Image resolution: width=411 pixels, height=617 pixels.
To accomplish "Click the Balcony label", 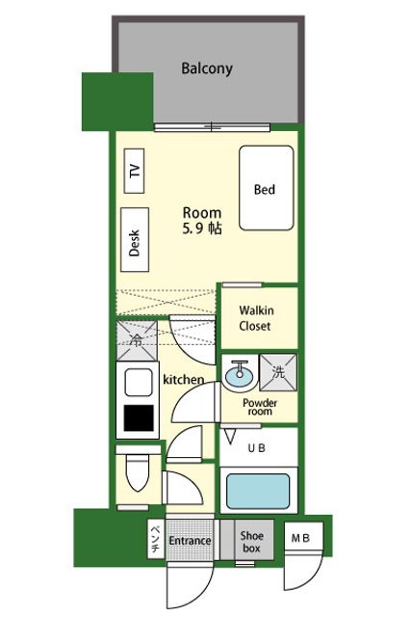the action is click(207, 68).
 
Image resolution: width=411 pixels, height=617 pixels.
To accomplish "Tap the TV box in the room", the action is click(134, 171).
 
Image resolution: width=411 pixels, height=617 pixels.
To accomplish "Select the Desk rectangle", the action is click(135, 240).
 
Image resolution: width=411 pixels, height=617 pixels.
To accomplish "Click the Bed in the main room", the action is click(267, 188).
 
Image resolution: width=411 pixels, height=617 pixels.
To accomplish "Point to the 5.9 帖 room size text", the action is click(202, 228).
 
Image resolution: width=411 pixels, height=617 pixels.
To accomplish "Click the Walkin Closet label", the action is click(256, 318).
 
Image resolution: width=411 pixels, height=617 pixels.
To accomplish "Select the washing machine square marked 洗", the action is click(278, 372).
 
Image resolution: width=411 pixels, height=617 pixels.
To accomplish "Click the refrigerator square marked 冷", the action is click(137, 340).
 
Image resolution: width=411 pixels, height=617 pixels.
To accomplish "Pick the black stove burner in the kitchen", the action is click(139, 417).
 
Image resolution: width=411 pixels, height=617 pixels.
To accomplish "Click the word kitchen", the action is click(184, 379).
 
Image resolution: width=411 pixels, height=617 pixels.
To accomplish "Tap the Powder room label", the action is click(260, 407).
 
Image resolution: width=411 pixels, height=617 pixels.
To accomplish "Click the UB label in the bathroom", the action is click(257, 447).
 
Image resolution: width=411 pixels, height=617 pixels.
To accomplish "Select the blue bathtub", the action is click(258, 491).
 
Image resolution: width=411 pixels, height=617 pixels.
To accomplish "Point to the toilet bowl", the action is click(138, 472).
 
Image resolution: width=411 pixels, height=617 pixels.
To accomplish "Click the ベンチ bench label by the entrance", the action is click(156, 539).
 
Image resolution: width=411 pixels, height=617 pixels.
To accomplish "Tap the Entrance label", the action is click(190, 541).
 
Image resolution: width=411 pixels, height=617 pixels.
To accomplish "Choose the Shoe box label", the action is click(251, 542).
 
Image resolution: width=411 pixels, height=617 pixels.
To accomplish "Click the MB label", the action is click(300, 538).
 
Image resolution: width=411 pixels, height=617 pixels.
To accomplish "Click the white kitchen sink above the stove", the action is click(139, 382).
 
